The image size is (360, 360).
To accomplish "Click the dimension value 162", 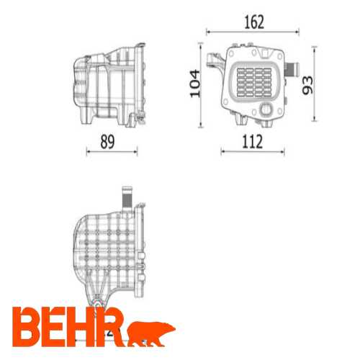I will click(x=253, y=22).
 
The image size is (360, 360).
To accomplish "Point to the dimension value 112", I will click(x=252, y=142).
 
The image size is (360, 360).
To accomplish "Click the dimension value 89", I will click(x=107, y=143).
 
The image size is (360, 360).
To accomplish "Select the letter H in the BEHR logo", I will click(x=84, y=326).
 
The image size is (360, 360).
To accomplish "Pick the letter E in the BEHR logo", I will click(x=57, y=326).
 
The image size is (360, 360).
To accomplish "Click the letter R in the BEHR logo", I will click(x=112, y=326).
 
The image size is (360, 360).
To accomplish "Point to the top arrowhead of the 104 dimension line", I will click(x=201, y=46).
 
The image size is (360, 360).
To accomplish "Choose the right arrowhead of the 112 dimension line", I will click(x=282, y=151).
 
